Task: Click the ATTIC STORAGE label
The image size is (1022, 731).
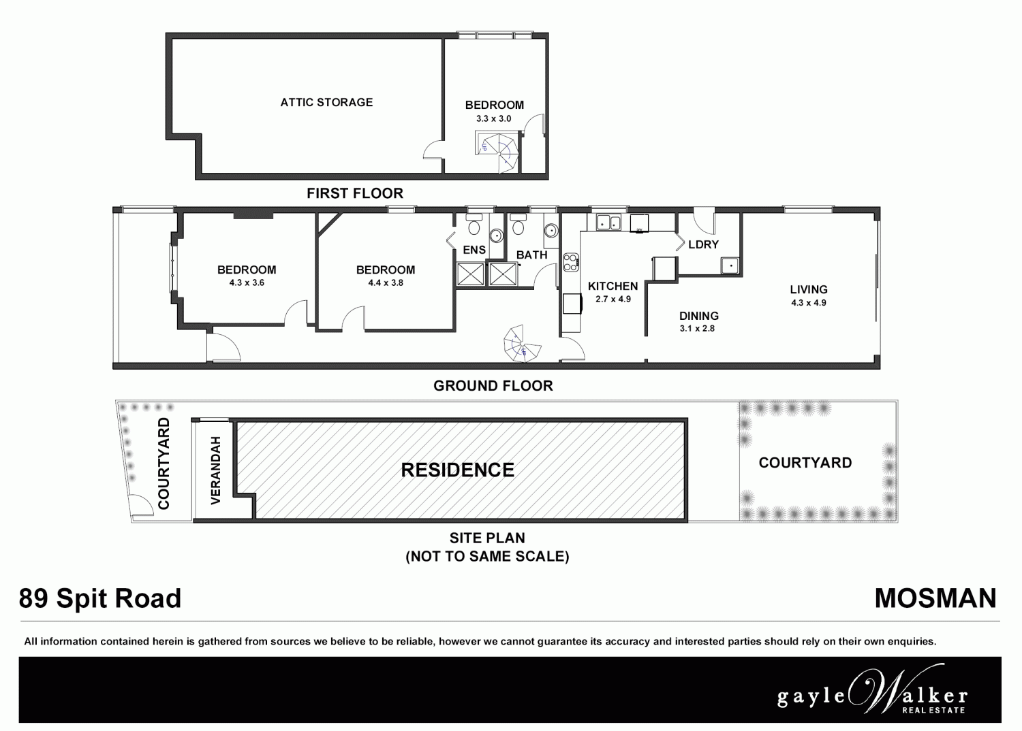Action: [326, 103]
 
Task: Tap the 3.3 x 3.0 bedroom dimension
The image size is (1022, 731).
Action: [493, 118]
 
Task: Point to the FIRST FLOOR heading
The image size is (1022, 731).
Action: [354, 193]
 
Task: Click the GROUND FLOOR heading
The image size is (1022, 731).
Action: [493, 386]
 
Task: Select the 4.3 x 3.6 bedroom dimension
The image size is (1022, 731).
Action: [247, 282]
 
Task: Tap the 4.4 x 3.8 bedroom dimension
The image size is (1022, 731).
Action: [386, 282]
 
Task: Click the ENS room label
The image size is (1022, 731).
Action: [474, 250]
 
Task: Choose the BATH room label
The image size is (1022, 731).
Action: [531, 255]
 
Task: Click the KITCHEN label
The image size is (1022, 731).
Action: [613, 287]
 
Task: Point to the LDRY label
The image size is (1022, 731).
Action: [703, 245]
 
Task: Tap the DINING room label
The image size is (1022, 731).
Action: [698, 316]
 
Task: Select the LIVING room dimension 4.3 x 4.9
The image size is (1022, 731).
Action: [809, 303]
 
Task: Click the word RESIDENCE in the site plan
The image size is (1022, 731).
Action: [457, 470]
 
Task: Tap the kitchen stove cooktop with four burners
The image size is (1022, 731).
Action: [571, 261]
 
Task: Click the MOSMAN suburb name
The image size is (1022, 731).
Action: [935, 598]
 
